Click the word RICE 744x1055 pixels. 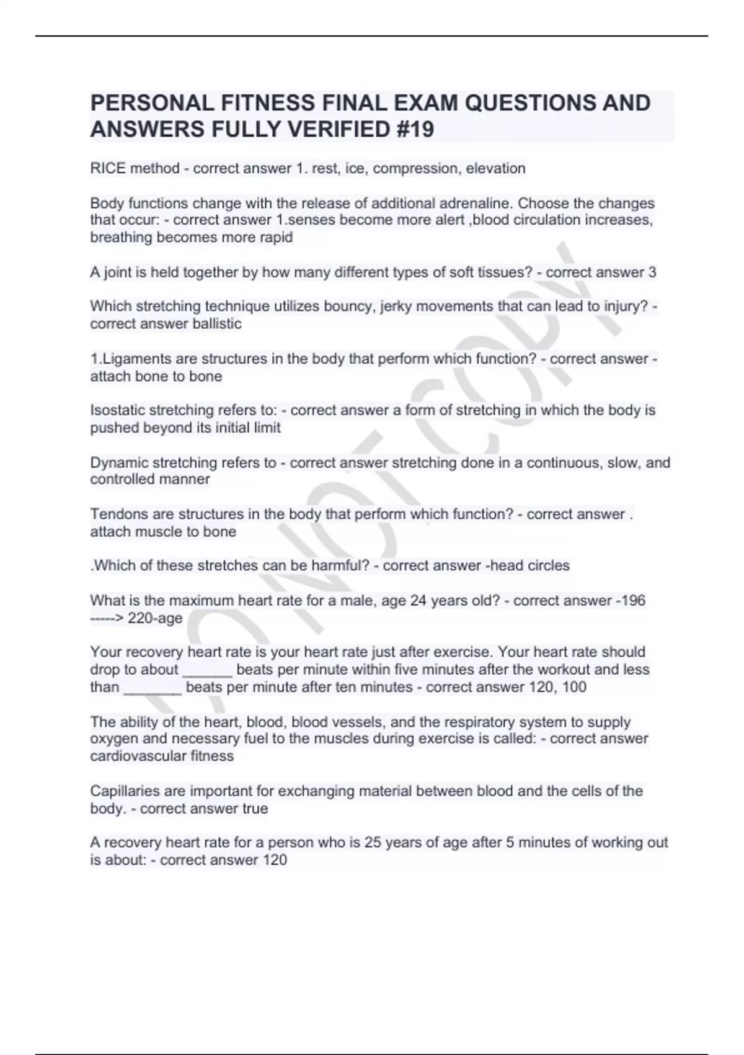click(x=108, y=168)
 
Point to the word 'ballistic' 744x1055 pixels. click(x=218, y=323)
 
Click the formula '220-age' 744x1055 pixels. click(x=155, y=618)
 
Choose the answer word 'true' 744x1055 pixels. click(x=255, y=809)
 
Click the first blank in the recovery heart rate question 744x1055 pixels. click(x=208, y=670)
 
